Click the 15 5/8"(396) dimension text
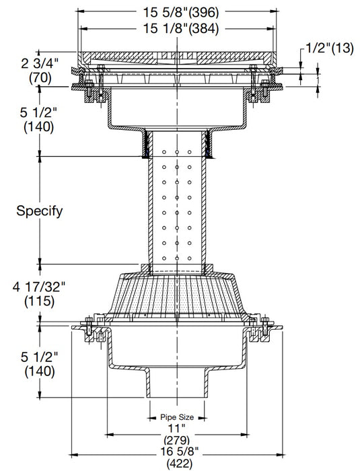178,11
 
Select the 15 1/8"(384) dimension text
178,28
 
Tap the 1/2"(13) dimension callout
330,48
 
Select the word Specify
39,211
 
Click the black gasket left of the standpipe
144,143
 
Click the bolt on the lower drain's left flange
88,330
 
